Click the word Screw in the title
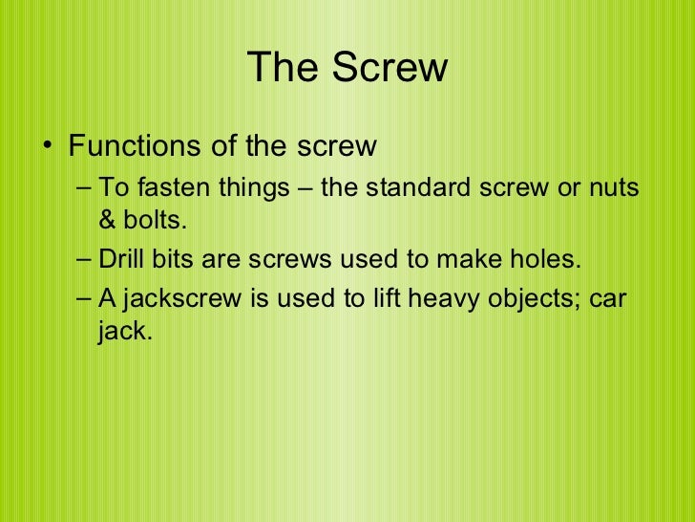(390, 68)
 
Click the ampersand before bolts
(107, 222)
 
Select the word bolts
(153, 222)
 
